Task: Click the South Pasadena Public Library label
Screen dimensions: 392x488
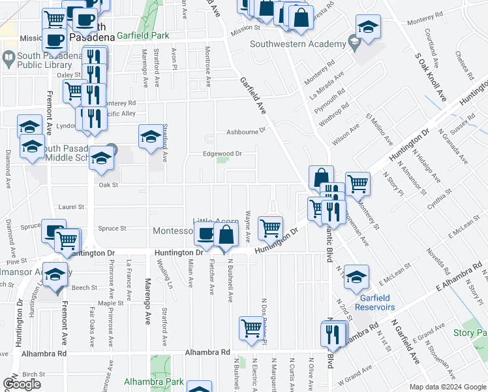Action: pyautogui.click(x=31, y=61)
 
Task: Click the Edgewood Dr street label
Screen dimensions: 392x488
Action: pyautogui.click(x=223, y=154)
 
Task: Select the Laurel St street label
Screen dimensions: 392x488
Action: pyautogui.click(x=72, y=206)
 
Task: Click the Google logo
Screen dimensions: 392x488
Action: pyautogui.click(x=22, y=384)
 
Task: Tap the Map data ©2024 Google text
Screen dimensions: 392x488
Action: pyautogui.click(x=447, y=387)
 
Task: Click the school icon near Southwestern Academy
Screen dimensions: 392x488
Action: pyautogui.click(x=369, y=27)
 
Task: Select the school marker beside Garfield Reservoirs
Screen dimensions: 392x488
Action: pyautogui.click(x=356, y=277)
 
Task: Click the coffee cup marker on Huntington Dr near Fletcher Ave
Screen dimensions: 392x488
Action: pyautogui.click(x=206, y=234)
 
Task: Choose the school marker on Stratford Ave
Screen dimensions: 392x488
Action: pyautogui.click(x=151, y=137)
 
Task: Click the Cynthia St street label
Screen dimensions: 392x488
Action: pyautogui.click(x=439, y=198)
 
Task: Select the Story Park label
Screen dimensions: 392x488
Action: pyautogui.click(x=470, y=333)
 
